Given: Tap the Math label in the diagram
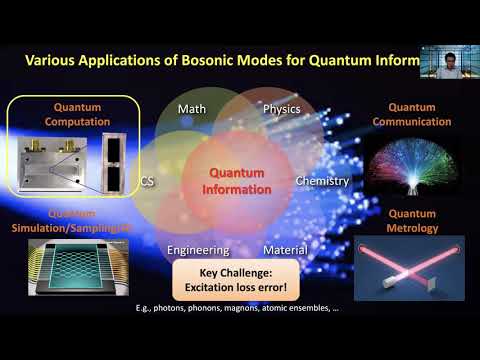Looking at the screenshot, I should click(x=191, y=108).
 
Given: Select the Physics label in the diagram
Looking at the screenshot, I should click(x=281, y=108).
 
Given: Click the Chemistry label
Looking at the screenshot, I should click(x=322, y=181).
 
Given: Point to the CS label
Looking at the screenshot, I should click(x=147, y=181).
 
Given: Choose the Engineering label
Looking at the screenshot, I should click(x=198, y=250).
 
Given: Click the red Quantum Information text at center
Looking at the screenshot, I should click(x=237, y=180).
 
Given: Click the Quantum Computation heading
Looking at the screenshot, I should click(x=72, y=113).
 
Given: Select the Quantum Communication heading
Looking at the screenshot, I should click(x=409, y=113).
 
